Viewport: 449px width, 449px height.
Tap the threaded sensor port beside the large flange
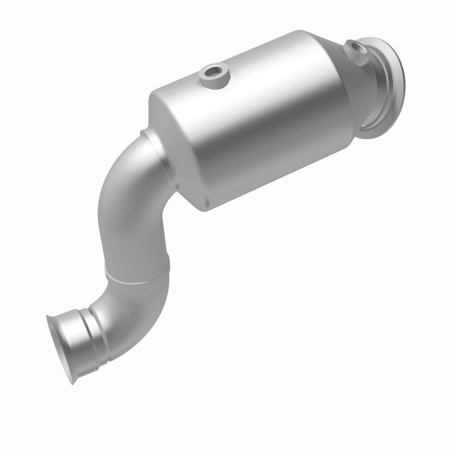[x=355, y=48]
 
